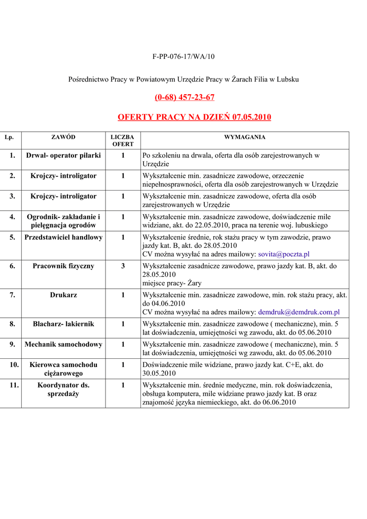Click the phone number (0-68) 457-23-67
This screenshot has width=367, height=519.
[x=183, y=97]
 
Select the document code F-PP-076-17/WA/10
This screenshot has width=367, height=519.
[x=183, y=56]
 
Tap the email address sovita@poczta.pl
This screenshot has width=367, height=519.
[x=284, y=254]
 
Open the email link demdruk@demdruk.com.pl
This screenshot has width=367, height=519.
[x=299, y=313]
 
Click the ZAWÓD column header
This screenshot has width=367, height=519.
[x=63, y=137]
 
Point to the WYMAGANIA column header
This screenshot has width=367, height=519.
[x=245, y=137]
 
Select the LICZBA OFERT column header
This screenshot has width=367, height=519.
[x=123, y=141]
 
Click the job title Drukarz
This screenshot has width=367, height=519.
[x=63, y=294]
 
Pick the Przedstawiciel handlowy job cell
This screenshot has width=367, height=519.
[x=63, y=237]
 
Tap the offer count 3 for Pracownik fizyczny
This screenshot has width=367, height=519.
[x=123, y=266]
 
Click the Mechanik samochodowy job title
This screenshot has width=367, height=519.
[x=63, y=344]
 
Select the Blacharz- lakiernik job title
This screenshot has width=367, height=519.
[x=63, y=323]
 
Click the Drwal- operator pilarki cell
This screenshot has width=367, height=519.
[x=63, y=155]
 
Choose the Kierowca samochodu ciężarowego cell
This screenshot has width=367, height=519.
[x=63, y=368]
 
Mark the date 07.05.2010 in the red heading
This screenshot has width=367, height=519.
[x=252, y=118]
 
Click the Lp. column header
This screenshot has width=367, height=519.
[x=9, y=137]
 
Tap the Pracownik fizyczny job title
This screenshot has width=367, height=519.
[x=63, y=266]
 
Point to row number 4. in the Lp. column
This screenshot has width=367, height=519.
[x=12, y=217]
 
